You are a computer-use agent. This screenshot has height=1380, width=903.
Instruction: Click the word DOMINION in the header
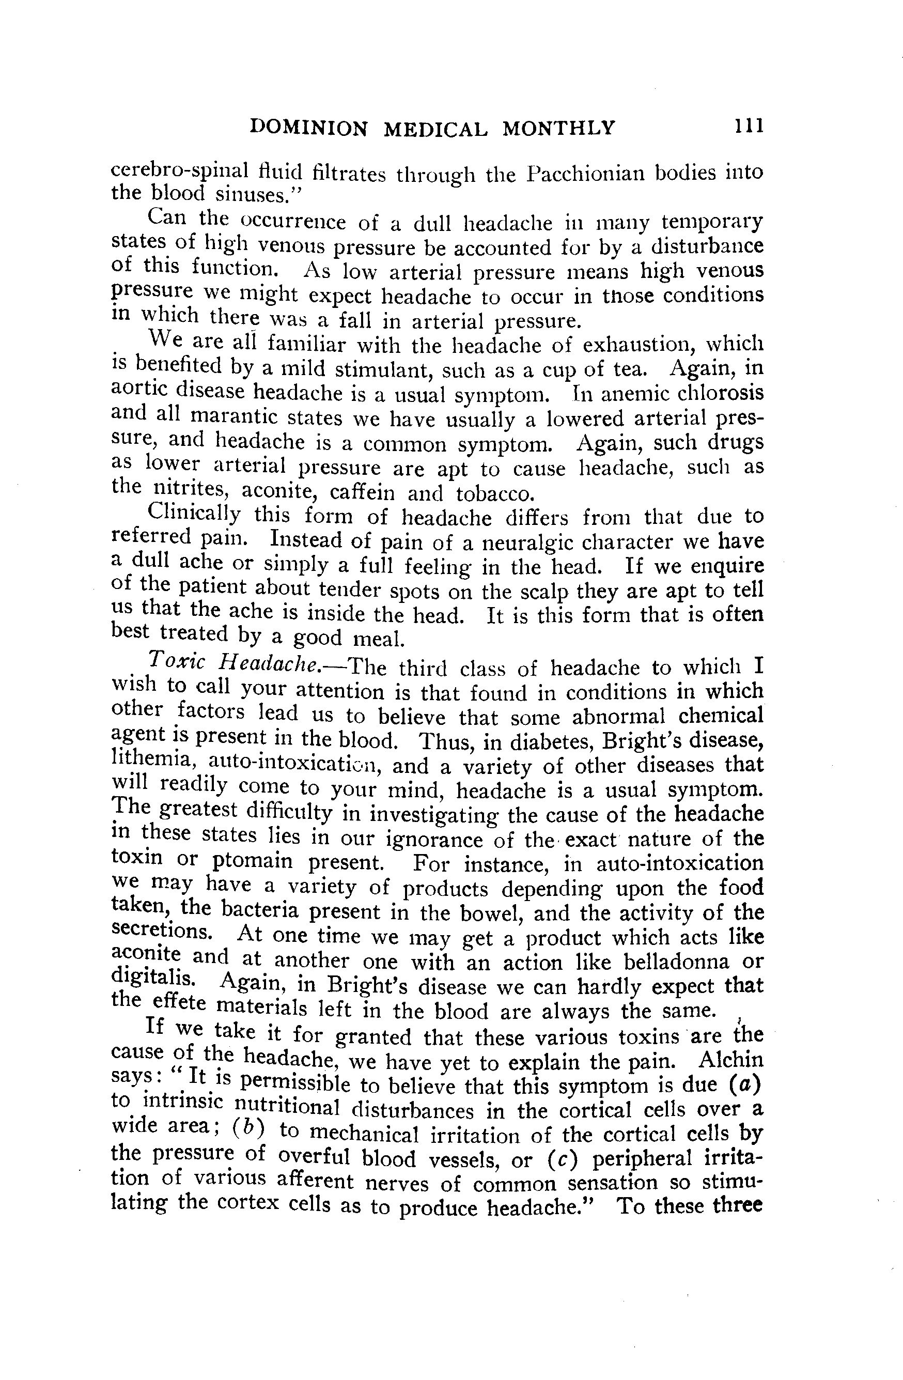pos(308,128)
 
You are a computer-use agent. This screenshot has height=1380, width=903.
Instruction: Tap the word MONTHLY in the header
pos(558,128)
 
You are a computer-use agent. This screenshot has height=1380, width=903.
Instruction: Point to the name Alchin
pos(731,1060)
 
